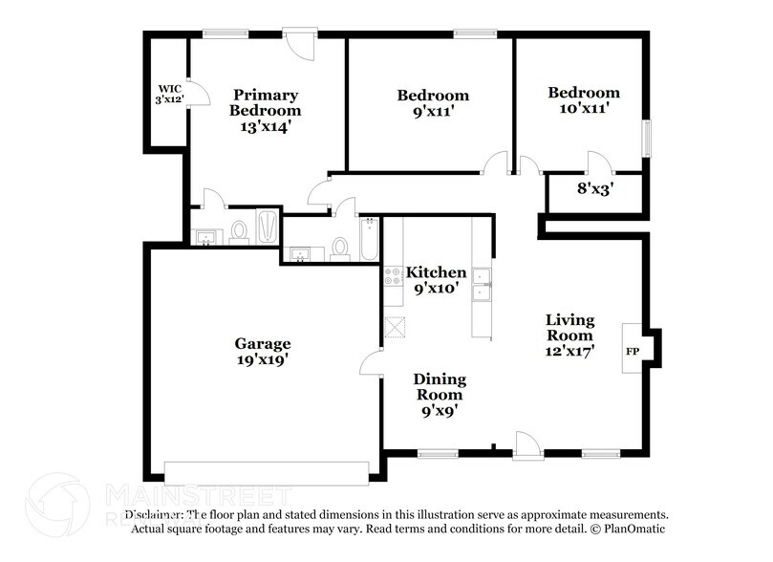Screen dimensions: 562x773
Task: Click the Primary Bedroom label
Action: [x=266, y=109]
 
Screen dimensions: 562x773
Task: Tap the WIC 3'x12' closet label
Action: [x=169, y=94]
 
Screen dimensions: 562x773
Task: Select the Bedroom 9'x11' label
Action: [x=433, y=102]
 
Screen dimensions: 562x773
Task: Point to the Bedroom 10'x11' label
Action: [x=583, y=100]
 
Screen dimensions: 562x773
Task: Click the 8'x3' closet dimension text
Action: [x=590, y=189]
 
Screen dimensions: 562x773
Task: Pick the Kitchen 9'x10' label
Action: [x=437, y=280]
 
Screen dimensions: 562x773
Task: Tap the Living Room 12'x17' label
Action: [x=569, y=335]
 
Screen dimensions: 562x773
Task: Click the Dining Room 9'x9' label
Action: [x=439, y=394]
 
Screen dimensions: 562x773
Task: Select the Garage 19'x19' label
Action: [x=263, y=351]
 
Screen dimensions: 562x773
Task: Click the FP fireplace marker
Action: [x=632, y=351]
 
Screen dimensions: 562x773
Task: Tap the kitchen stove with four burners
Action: [x=393, y=277]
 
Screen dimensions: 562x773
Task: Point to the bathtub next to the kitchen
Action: [x=369, y=240]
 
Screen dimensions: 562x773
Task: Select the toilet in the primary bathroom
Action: [x=239, y=231]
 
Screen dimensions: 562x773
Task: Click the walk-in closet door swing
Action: [x=196, y=93]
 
